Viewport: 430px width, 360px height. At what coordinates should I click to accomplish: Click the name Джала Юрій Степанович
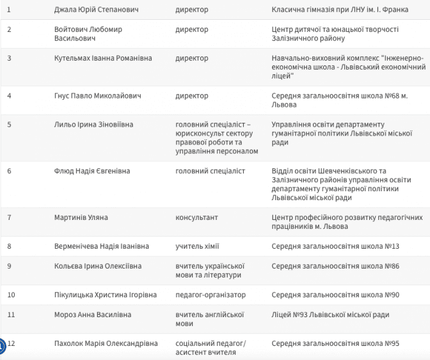[97, 10]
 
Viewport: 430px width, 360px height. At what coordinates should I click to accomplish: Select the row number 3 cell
[9, 58]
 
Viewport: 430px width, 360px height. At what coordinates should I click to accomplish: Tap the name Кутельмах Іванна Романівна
[103, 58]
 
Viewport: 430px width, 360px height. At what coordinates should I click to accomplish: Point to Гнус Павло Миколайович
[98, 96]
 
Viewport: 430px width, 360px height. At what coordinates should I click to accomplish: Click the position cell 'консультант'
[196, 217]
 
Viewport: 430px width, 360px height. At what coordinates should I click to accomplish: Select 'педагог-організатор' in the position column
[211, 295]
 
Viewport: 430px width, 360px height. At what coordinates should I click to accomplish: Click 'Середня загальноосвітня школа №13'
[335, 246]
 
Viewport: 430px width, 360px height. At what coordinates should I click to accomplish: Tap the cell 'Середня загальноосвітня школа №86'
[335, 266]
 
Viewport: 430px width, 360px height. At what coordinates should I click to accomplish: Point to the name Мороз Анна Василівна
[93, 315]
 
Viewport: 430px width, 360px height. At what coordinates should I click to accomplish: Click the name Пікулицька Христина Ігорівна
[105, 295]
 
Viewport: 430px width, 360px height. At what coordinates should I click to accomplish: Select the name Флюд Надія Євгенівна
[92, 171]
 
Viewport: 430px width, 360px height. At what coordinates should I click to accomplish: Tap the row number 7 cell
[9, 217]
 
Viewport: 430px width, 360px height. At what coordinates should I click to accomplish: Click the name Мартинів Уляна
[81, 217]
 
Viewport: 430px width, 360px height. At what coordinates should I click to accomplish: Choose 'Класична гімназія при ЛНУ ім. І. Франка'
[340, 10]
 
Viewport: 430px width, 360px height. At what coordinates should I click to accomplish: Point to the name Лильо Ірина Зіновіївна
[94, 124]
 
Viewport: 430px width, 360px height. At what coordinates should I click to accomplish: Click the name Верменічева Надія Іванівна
[102, 246]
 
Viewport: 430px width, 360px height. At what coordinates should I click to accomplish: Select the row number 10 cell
[11, 295]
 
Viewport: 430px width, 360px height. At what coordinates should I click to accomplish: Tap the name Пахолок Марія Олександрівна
[106, 343]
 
